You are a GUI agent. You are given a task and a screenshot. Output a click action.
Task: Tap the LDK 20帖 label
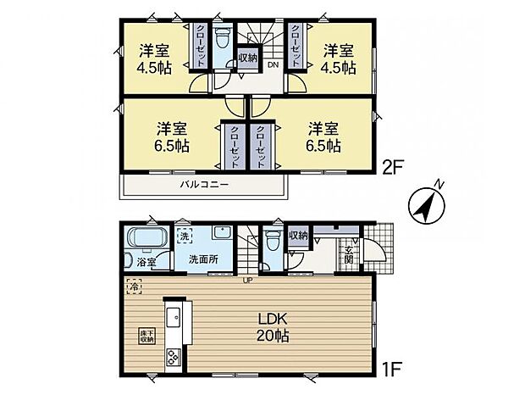[272, 326]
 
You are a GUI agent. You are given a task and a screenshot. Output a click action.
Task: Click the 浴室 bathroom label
[146, 263]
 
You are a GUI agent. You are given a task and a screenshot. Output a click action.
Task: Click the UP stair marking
[247, 279]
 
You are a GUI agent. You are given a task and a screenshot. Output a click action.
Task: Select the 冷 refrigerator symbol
[133, 288]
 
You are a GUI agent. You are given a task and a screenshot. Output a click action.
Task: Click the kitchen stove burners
[173, 357]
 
